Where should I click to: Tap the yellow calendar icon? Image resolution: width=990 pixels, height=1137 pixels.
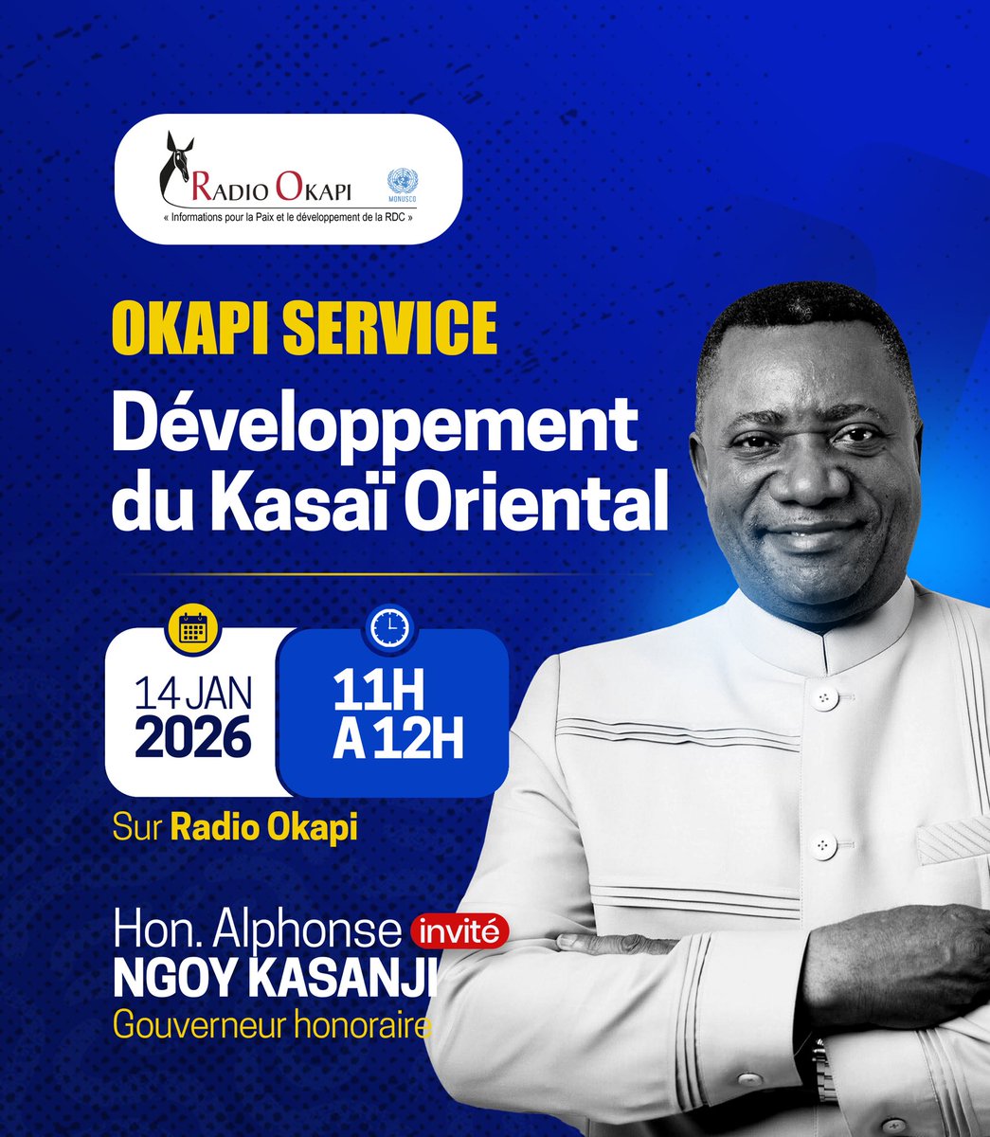(x=193, y=628)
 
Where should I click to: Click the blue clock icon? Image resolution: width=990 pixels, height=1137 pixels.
(x=390, y=626)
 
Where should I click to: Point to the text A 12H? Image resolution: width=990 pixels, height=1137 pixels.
(x=398, y=740)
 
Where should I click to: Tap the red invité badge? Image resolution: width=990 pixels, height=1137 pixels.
(x=459, y=931)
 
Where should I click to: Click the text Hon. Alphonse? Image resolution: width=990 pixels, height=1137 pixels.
(x=257, y=931)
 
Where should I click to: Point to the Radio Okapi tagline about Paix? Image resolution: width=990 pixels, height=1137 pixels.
(x=289, y=216)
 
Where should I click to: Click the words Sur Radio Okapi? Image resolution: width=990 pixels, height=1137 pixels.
(x=235, y=827)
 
